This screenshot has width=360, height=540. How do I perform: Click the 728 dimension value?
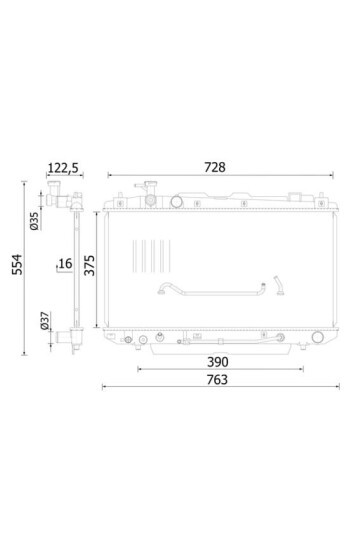click(215, 167)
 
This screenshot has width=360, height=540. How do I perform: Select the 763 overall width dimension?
click(217, 380)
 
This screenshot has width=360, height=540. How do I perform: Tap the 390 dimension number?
click(217, 362)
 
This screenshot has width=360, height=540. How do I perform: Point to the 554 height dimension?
click(17, 264)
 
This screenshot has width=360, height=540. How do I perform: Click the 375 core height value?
click(90, 265)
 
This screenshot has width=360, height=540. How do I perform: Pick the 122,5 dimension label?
click(63, 168)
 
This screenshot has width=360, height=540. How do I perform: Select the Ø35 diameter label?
click(34, 221)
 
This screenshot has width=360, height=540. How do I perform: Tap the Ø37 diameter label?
click(44, 321)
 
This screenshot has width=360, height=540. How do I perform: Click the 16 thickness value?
click(65, 263)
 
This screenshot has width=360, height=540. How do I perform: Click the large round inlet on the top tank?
click(176, 201)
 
